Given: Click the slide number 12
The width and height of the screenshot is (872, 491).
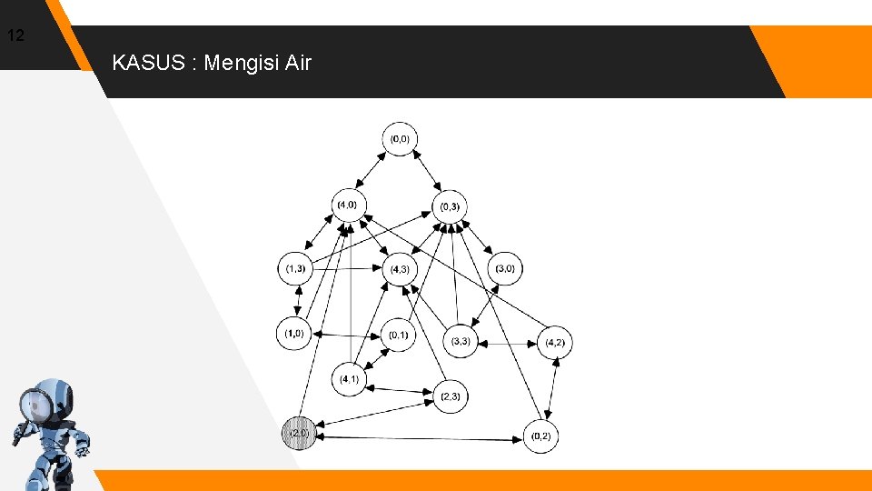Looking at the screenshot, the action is point(15,36).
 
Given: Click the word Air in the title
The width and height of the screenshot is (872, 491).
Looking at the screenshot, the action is point(297,64).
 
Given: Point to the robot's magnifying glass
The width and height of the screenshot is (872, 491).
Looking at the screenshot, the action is point(35,402).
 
